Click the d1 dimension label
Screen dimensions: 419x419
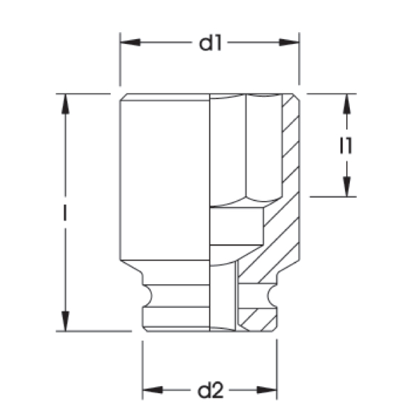[210, 43]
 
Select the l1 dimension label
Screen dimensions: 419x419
[345, 146]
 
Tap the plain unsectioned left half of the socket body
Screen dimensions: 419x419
[165, 182]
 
